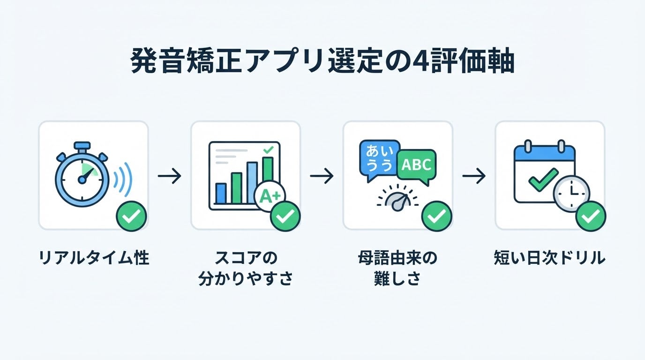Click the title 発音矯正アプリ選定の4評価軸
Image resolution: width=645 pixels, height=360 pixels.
(x=322, y=62)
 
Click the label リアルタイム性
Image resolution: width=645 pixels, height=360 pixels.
(x=94, y=257)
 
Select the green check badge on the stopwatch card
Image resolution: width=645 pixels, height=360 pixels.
(x=132, y=216)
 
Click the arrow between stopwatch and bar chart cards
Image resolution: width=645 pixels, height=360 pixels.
(x=170, y=176)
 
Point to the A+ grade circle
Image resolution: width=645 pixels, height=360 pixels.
(x=270, y=195)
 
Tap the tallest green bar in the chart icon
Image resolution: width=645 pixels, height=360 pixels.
(x=268, y=170)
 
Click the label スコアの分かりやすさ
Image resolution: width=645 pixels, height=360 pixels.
(x=245, y=268)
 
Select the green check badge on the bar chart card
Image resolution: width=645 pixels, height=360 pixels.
(x=285, y=216)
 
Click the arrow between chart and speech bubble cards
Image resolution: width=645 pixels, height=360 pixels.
(x=322, y=176)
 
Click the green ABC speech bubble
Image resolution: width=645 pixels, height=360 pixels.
(x=417, y=166)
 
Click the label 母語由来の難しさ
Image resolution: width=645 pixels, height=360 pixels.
(x=397, y=268)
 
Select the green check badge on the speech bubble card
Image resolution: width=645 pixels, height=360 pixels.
(x=437, y=216)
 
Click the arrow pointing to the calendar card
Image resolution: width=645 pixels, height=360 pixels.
(x=474, y=176)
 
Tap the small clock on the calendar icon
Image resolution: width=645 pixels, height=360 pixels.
(x=571, y=194)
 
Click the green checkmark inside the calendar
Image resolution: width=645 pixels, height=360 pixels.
(x=543, y=180)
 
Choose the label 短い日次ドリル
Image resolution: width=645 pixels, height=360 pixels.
(x=549, y=257)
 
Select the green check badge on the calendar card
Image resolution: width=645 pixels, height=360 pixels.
(x=591, y=216)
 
